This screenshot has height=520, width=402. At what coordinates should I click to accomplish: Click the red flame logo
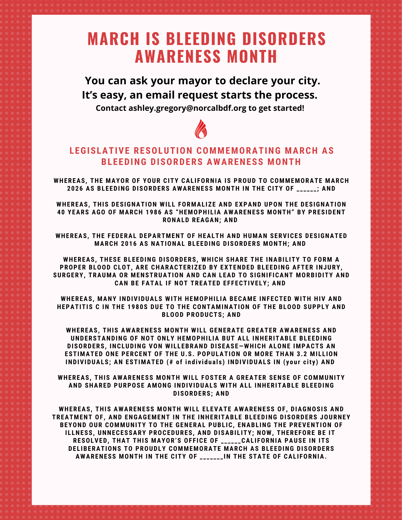tap(201, 129)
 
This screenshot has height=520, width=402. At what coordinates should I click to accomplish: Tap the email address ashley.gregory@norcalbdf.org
tap(187, 108)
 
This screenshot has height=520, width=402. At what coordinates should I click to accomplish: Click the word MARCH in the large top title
tap(113, 39)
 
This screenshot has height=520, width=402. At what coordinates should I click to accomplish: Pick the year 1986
tap(154, 212)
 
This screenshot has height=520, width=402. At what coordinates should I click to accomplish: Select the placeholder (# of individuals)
tap(196, 362)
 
